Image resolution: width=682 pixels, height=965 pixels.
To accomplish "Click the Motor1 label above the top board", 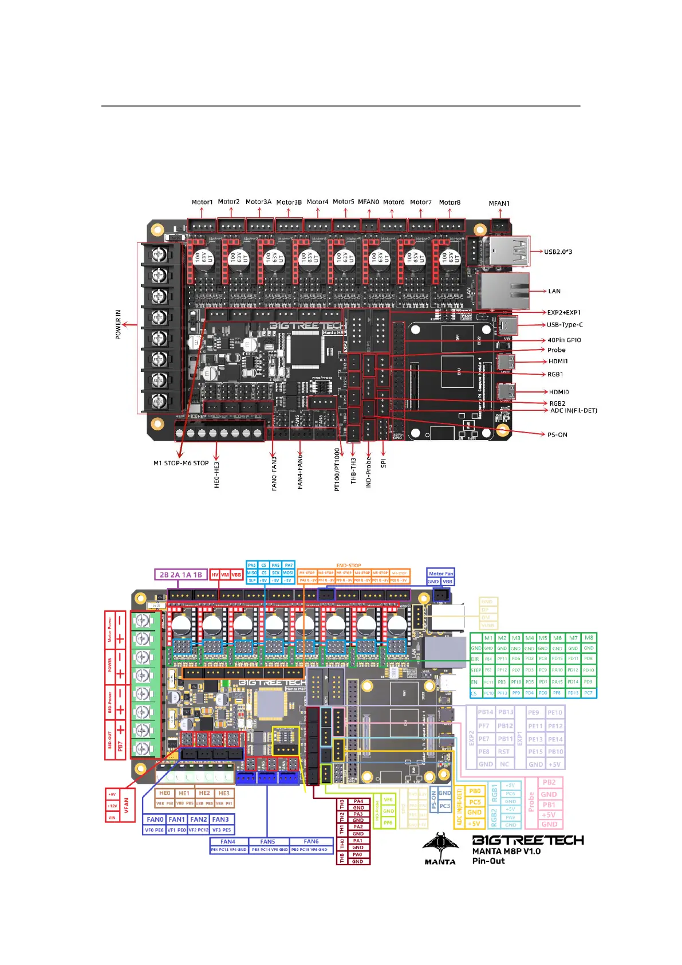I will tap(202, 202).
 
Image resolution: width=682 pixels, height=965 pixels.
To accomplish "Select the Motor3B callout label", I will tap(289, 202).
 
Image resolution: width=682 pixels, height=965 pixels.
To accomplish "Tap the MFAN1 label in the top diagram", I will tap(499, 203).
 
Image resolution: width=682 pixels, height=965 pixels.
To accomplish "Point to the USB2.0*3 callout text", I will tap(558, 252).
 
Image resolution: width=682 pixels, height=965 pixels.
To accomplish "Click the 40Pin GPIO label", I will tap(564, 340).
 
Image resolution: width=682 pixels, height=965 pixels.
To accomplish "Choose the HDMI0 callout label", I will tap(559, 392).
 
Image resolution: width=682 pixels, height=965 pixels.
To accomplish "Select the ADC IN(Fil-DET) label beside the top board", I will tap(573, 410).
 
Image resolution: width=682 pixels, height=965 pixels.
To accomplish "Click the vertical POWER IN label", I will tap(119, 324).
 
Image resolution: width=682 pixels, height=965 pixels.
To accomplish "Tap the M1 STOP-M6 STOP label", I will tap(180, 463).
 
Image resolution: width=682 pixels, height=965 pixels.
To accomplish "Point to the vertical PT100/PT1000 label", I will tap(337, 470).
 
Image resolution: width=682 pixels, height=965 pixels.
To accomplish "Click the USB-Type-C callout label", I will tap(565, 324).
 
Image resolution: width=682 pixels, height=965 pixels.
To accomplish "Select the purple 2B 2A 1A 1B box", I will tap(180, 575).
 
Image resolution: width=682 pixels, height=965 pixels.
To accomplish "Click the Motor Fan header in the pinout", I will tap(440, 573).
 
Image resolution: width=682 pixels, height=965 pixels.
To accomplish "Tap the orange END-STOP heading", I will tap(349, 566).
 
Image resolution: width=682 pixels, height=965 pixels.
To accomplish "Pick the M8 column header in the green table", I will tap(589, 638).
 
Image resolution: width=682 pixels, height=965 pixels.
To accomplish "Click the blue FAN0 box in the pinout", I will tap(155, 819).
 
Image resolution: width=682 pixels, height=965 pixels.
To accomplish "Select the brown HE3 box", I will tap(224, 793).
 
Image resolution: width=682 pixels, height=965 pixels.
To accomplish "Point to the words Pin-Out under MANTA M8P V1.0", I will tap(488, 861).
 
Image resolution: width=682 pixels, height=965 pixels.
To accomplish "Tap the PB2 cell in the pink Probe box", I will tap(549, 782).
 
